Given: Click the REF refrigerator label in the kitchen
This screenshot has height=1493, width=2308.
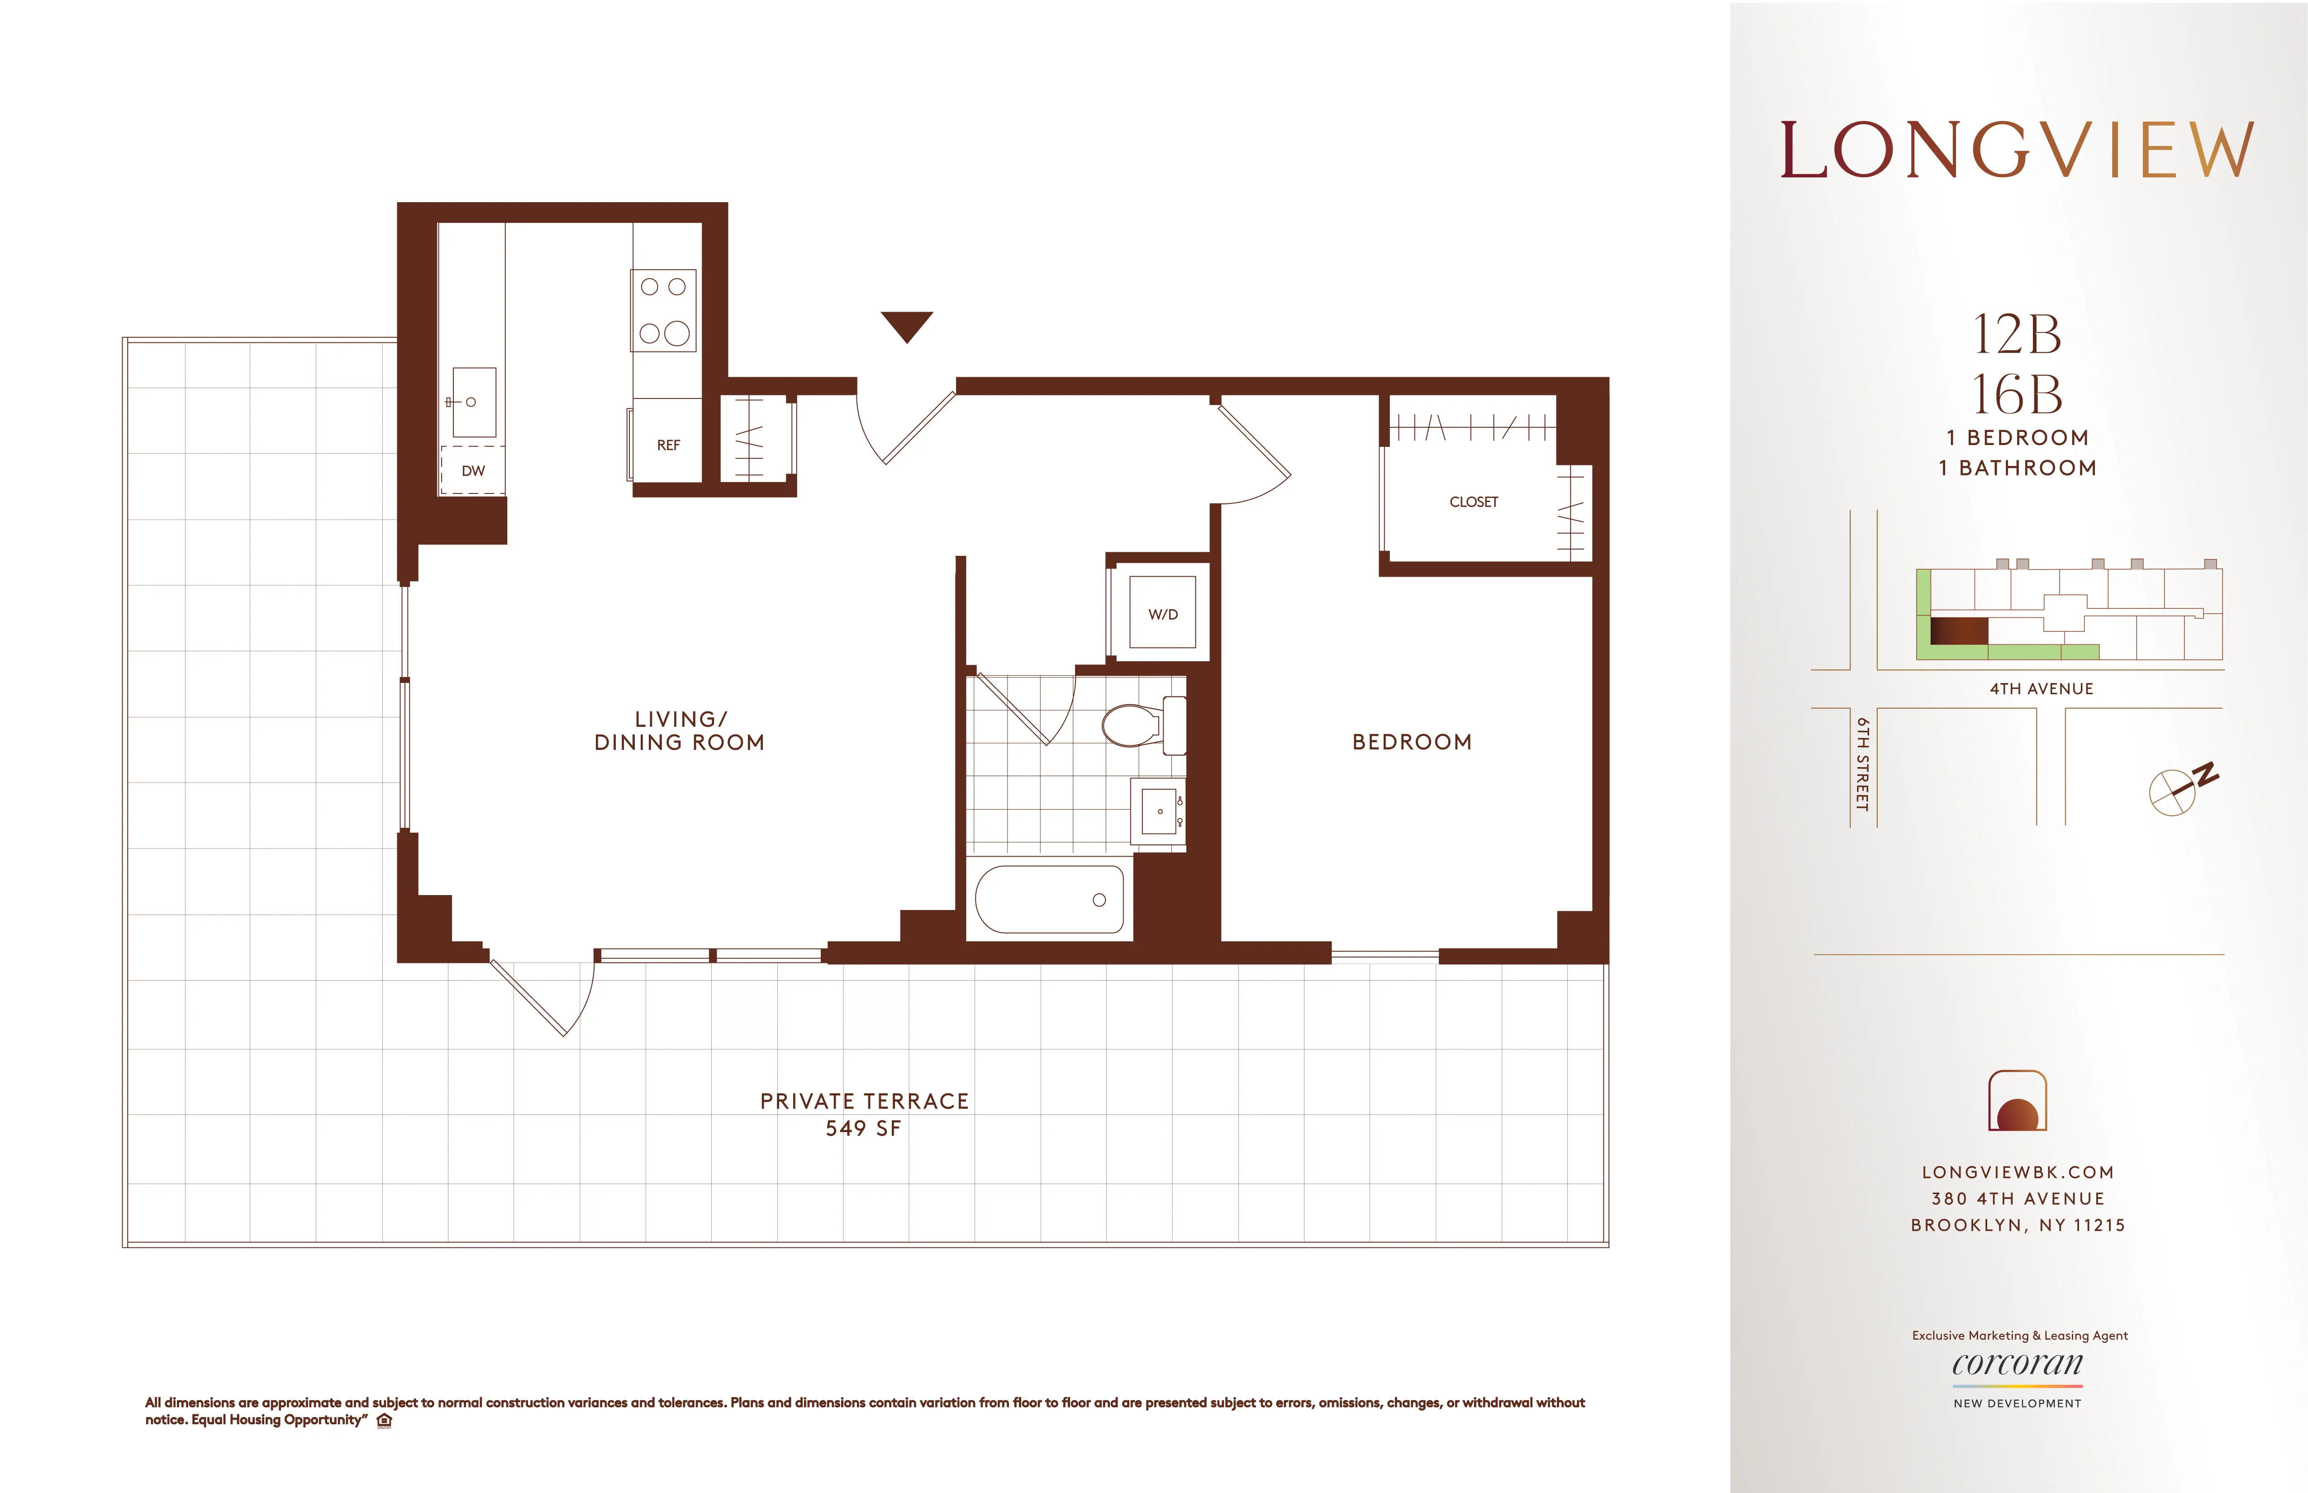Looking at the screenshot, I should (668, 445).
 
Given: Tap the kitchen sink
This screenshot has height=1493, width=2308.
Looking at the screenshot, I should (473, 401).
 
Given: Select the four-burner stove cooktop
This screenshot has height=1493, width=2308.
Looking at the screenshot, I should (664, 310).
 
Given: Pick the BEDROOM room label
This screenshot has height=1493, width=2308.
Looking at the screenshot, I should (1412, 742).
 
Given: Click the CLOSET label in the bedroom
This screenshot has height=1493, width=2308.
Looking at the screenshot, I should (1473, 502).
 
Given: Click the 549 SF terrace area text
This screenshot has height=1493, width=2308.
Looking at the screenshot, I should (863, 1128).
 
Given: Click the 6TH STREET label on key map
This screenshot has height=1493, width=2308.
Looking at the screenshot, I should (1862, 764).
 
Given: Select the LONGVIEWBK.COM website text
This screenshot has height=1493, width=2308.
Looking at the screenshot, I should (2017, 1172).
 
